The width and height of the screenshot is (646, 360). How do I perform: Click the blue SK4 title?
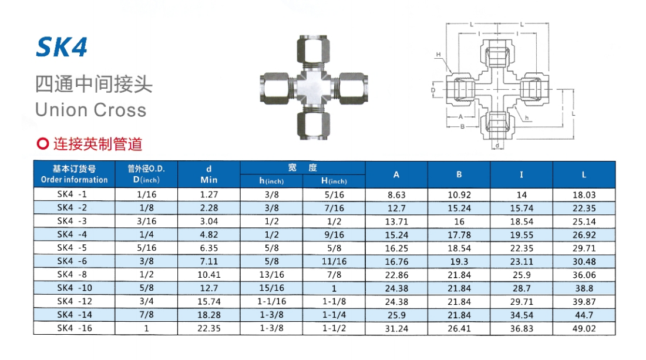click(x=62, y=48)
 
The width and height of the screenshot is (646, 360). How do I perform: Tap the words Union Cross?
click(x=90, y=110)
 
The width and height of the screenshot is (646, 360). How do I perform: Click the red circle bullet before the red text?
click(x=43, y=144)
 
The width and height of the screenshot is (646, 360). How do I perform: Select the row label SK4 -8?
click(x=74, y=274)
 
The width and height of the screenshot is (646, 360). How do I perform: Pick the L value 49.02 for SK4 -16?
click(x=584, y=329)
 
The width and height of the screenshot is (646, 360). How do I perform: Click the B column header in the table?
click(x=459, y=174)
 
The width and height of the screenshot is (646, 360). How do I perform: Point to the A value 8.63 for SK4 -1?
click(x=396, y=195)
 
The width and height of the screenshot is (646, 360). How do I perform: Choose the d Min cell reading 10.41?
click(x=209, y=275)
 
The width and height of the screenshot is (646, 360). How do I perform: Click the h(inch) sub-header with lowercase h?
click(x=271, y=181)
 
